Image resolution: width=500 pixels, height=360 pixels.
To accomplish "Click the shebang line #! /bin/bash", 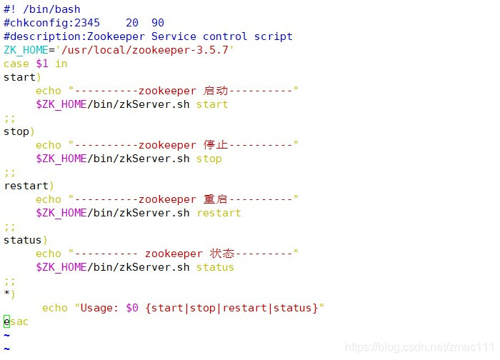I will point(42,9).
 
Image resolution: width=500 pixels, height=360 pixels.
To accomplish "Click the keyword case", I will point(16,64).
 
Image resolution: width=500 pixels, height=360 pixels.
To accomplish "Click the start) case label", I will point(22,77).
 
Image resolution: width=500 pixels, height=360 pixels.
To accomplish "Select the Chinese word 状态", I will point(222,254).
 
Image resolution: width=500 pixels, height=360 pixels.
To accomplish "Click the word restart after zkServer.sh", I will point(219,213).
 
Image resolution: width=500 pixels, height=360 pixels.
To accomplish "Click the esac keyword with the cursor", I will point(16,321).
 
